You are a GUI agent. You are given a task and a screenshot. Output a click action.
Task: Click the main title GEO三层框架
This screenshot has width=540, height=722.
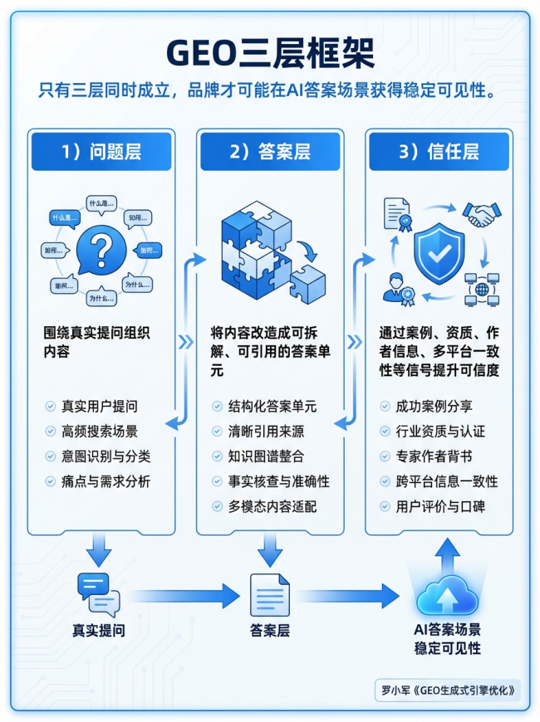270,51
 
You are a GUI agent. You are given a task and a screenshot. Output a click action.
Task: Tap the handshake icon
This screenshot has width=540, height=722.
483,214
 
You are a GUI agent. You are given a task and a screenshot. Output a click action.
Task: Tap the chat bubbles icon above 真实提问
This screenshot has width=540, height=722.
98,593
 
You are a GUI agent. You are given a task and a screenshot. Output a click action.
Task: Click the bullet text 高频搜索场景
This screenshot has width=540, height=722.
100,432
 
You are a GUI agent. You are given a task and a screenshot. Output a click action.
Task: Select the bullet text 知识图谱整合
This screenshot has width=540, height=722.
267,456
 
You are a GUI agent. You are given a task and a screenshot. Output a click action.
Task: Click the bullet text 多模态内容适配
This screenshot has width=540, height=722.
272,506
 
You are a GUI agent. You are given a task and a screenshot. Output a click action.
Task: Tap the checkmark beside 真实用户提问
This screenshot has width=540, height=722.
50,407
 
